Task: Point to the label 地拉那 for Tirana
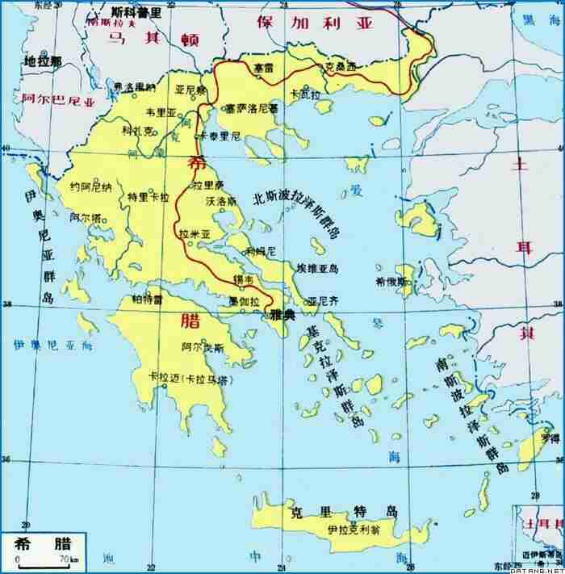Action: (x=42, y=61)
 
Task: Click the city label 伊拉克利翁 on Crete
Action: (x=354, y=530)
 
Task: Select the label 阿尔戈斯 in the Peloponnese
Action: (x=203, y=347)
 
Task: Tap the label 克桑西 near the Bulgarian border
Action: (x=340, y=69)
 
